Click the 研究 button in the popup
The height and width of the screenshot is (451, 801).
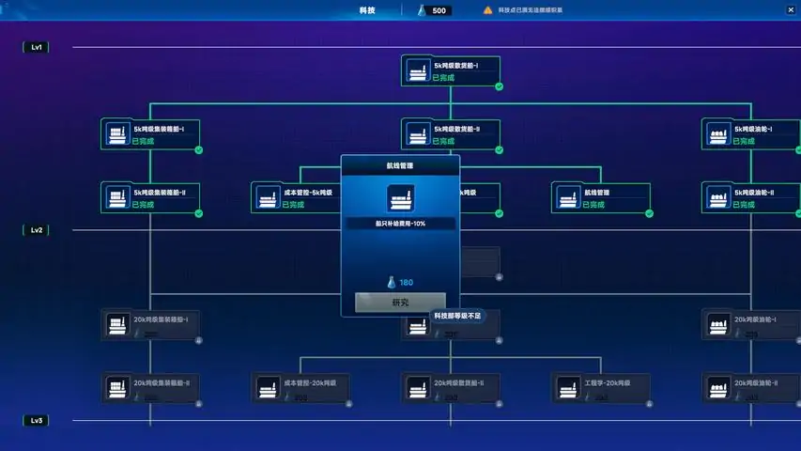tap(400, 303)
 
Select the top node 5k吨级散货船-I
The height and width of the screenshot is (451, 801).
tap(451, 71)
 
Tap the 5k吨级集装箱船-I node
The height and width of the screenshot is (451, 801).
tap(150, 134)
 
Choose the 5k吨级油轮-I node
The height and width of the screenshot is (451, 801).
tap(750, 134)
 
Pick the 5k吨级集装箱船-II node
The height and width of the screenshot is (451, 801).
tap(150, 197)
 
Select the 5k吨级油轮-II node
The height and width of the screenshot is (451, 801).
tap(750, 197)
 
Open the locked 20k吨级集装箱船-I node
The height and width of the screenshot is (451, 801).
tap(150, 325)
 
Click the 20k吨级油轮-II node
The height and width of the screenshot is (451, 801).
tap(750, 388)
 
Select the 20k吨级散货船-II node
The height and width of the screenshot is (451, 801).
tap(451, 388)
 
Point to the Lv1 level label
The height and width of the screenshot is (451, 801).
tap(37, 47)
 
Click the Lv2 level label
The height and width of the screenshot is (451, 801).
tap(37, 230)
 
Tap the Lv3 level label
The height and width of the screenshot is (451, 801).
tap(37, 421)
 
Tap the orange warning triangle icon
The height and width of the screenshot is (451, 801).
tap(487, 10)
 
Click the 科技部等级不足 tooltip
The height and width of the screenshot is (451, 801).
tap(457, 317)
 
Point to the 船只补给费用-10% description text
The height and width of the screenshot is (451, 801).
tap(400, 224)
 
